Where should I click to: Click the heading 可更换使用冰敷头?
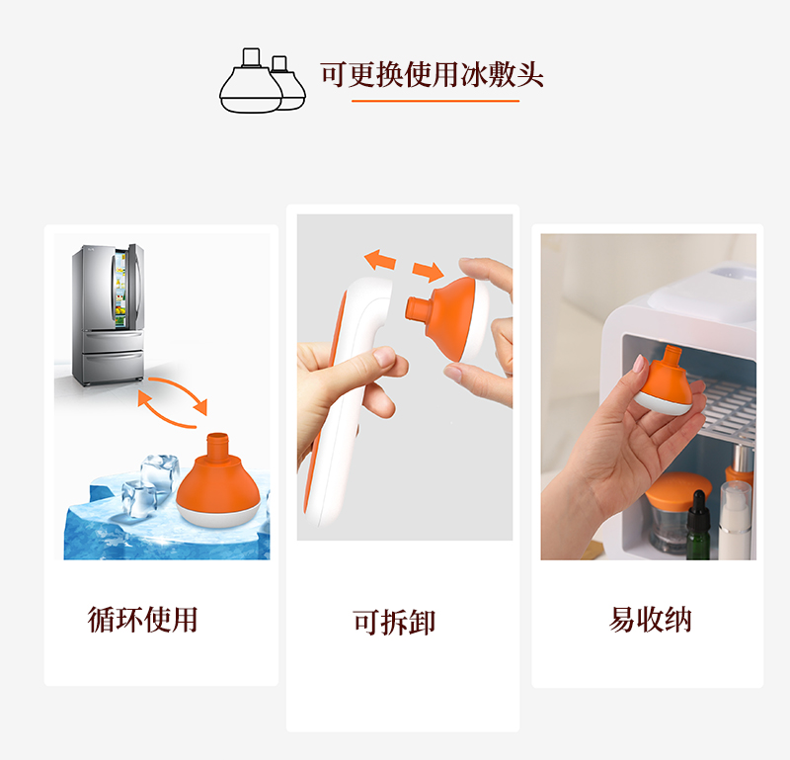coord(432,74)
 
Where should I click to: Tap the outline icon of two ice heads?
coord(263,81)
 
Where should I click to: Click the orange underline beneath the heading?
coord(435,101)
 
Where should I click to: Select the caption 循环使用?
coord(142,620)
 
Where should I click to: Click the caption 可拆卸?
coord(393,622)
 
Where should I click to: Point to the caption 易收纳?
coord(650,620)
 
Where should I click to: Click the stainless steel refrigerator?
coord(108,314)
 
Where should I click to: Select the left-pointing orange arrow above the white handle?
coord(380,260)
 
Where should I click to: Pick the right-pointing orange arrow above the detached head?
coord(428,272)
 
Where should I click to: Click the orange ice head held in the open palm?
coord(665,380)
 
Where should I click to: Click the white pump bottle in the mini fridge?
coord(735,521)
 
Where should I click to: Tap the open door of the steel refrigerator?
coord(134,287)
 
